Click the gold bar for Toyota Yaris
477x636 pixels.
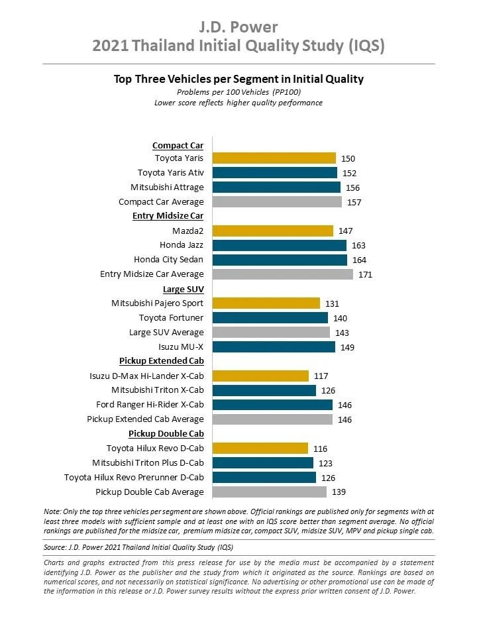274,158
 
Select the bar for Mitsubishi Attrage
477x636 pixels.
276,187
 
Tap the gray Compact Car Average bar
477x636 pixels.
277,201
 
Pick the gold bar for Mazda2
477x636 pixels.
273,231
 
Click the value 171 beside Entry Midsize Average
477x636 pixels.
365,274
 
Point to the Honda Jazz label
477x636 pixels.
182,245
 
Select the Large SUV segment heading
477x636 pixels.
184,290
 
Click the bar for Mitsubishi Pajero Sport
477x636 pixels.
266,303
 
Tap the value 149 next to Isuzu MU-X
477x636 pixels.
347,348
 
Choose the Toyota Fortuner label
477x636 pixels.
171,317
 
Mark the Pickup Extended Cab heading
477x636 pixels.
162,361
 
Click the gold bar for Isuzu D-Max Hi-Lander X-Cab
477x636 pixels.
260,376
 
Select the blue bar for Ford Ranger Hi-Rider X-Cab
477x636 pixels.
272,405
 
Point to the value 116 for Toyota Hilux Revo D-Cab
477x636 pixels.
320,449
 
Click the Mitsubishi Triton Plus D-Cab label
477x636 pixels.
148,463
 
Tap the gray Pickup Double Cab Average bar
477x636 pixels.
270,492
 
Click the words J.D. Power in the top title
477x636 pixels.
238,27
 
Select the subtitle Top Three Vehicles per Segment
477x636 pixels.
195,79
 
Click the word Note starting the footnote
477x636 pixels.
52,511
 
